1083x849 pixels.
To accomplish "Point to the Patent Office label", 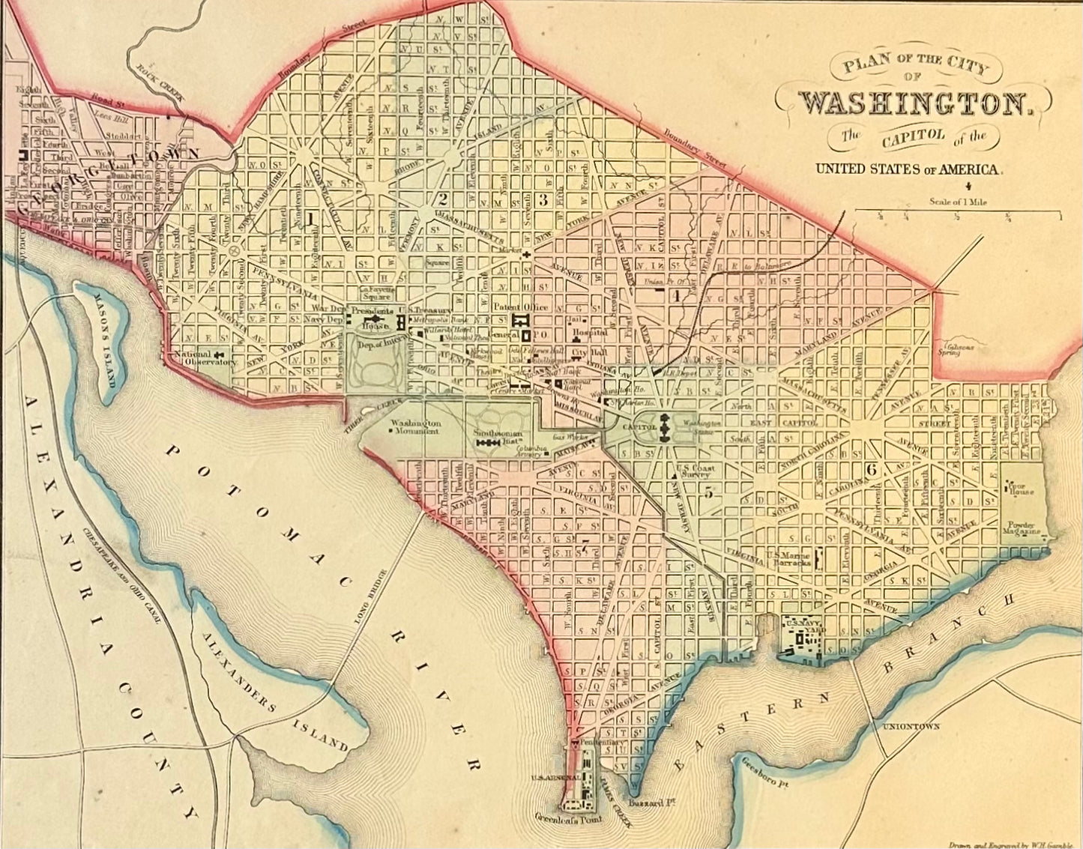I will point(520,306).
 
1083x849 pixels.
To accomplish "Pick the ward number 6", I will point(870,469).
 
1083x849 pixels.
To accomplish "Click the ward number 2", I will point(443,199).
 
